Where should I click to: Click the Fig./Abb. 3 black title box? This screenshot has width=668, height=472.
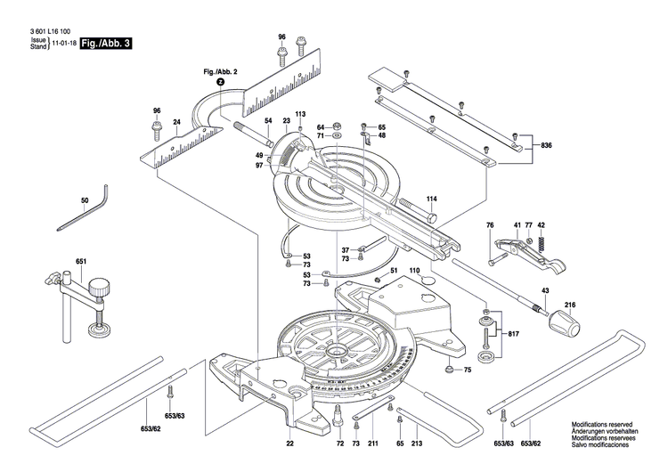click(105, 42)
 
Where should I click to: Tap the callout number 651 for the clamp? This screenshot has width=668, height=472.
click(81, 262)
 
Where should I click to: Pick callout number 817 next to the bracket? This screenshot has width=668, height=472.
click(514, 334)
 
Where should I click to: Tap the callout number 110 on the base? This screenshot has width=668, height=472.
click(414, 270)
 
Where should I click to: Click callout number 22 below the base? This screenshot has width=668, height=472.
click(289, 443)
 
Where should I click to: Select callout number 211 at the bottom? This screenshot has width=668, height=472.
click(373, 443)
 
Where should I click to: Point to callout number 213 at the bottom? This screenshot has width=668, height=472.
click(417, 443)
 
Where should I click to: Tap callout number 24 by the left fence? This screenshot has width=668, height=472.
click(177, 121)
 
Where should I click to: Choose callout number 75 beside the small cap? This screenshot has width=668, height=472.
click(467, 369)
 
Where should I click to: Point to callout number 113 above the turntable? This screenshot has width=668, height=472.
click(300, 114)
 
